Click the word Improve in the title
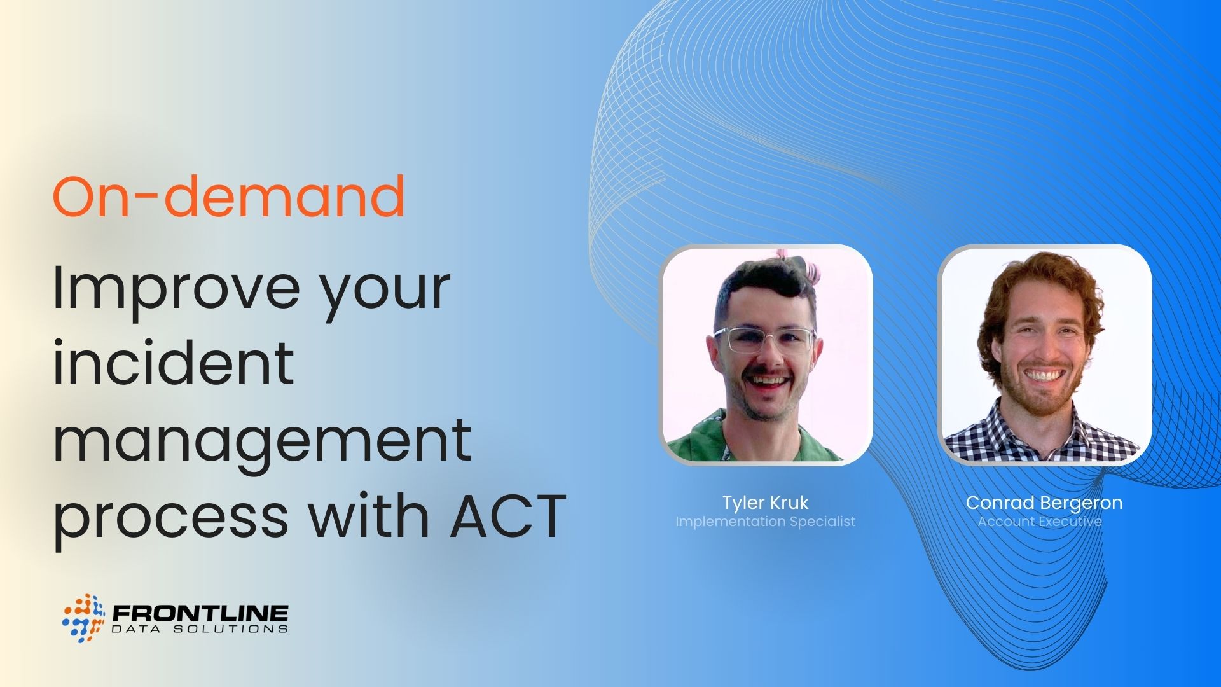175,288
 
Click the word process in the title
170,517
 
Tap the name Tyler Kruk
765,503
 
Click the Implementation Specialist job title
765,522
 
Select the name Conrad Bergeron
1044,503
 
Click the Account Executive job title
1039,522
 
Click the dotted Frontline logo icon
83,618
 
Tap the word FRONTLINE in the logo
200,613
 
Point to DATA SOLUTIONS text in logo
200,629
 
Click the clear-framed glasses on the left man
763,340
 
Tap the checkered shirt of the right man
1043,439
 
